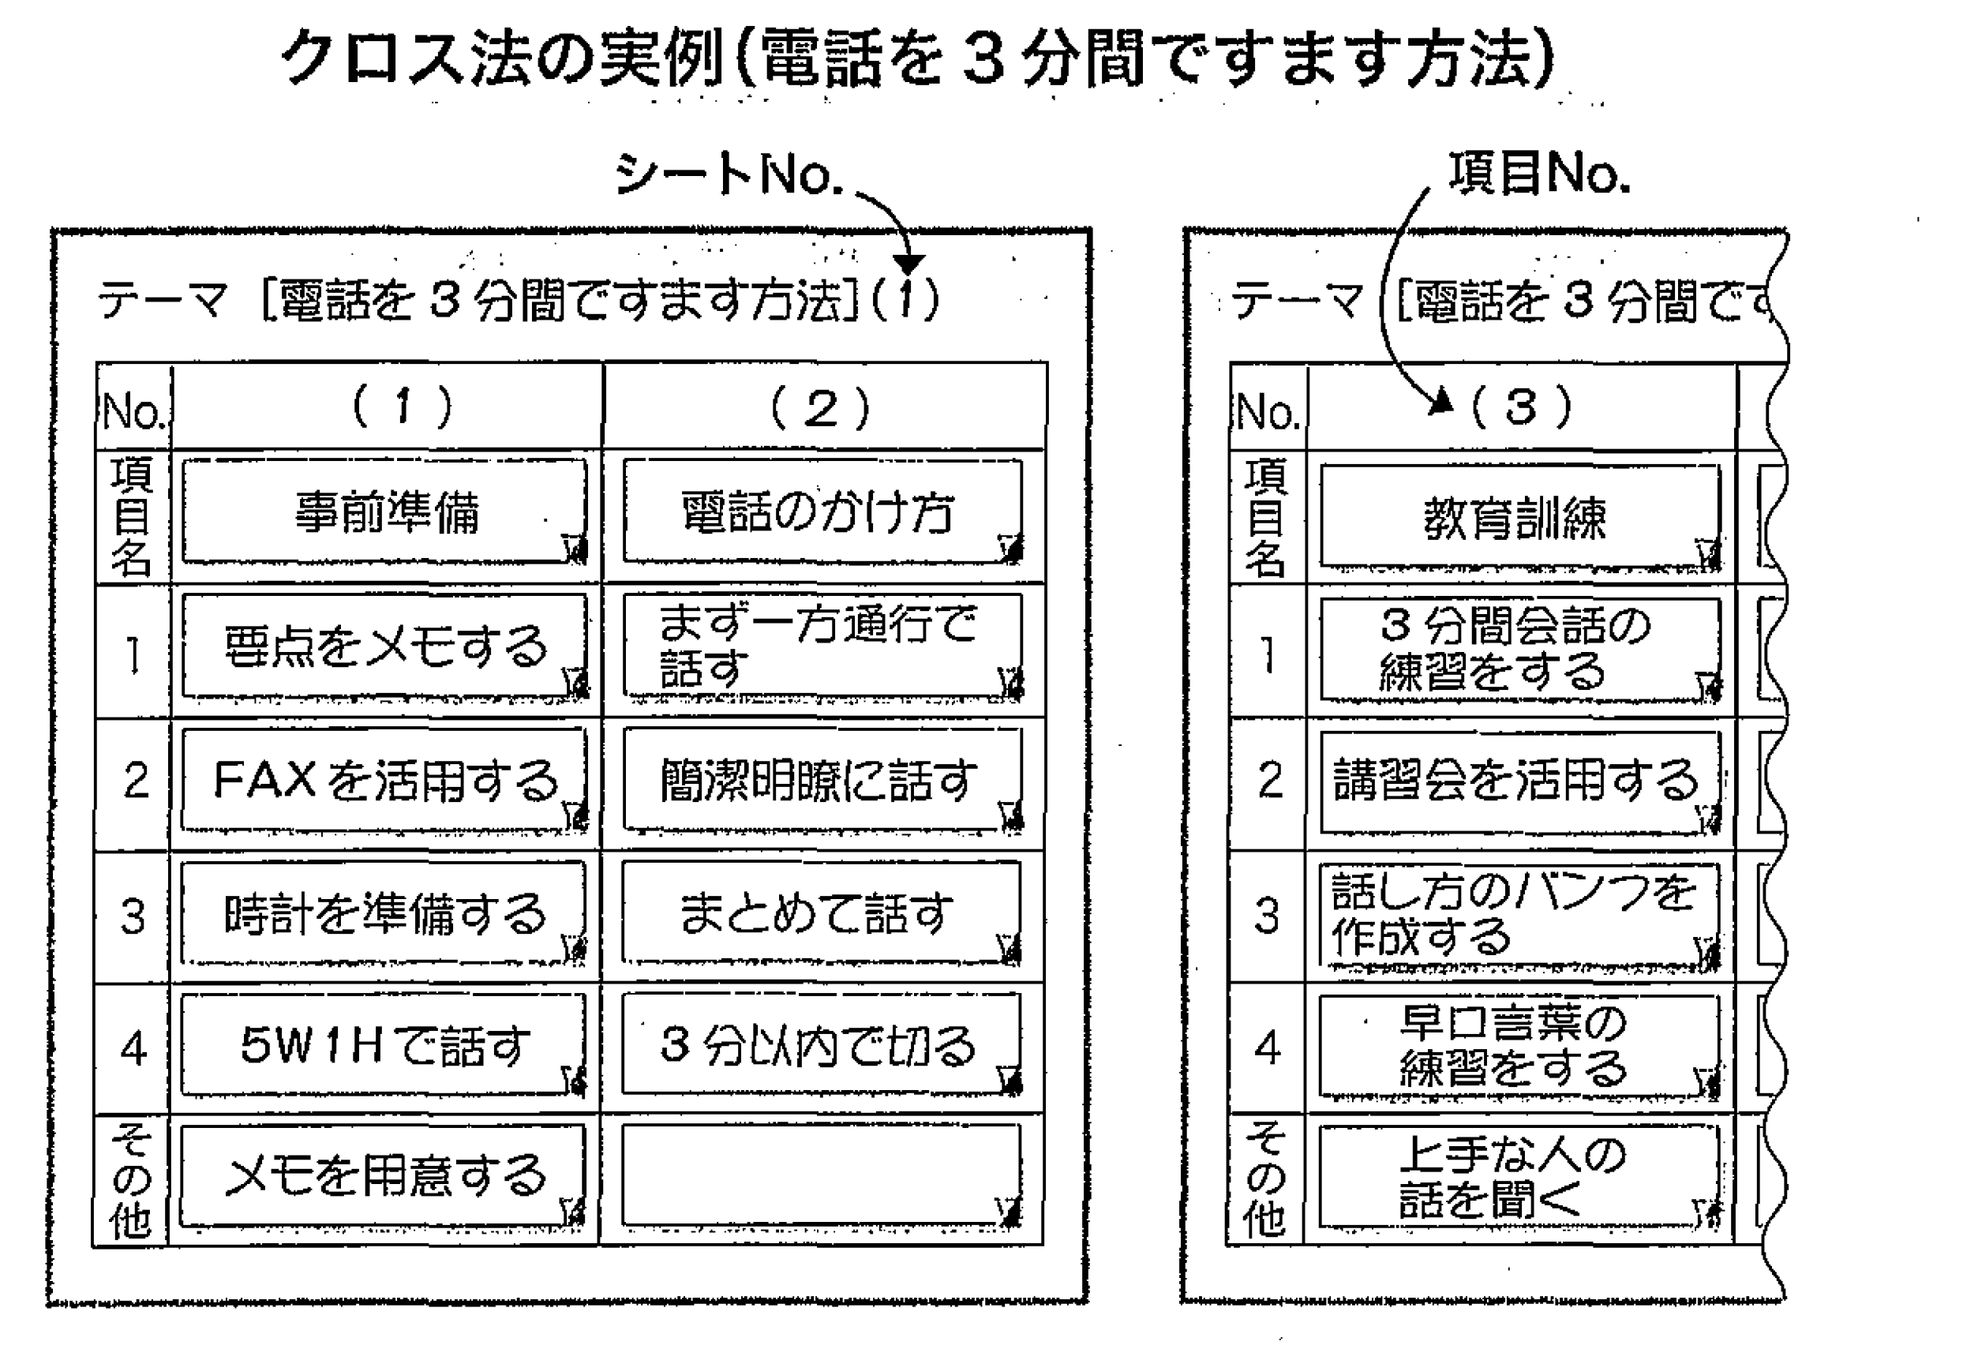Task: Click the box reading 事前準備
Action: pyautogui.click(x=384, y=511)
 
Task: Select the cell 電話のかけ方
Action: pyautogui.click(x=822, y=511)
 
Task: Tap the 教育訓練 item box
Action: pyautogui.click(x=1519, y=515)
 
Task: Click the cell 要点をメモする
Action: pyautogui.click(x=384, y=646)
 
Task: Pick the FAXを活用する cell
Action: pyautogui.click(x=384, y=779)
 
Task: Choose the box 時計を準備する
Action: pyautogui.click(x=384, y=912)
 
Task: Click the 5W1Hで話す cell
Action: pyautogui.click(x=384, y=1046)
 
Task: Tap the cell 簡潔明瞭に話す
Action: pyautogui.click(x=822, y=779)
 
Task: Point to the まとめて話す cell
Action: pyautogui.click(x=822, y=912)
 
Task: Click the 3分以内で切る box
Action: pyautogui.click(x=822, y=1046)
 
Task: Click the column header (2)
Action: pyautogui.click(x=822, y=407)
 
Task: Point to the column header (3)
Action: pyautogui.click(x=1521, y=407)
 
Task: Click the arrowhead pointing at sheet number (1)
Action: pyautogui.click(x=909, y=264)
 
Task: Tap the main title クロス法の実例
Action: pyautogui.click(x=917, y=58)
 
